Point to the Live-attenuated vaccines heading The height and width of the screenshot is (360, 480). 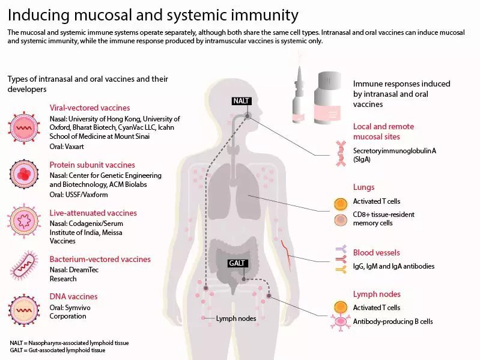93,213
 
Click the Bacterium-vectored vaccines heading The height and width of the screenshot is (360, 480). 100,260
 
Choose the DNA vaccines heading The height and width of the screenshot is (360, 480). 73,296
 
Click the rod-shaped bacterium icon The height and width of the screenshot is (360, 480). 26,265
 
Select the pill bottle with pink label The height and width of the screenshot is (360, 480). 329,96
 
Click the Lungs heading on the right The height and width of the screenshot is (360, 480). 363,188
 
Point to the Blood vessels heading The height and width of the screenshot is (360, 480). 376,253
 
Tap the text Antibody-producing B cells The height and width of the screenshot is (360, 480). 393,322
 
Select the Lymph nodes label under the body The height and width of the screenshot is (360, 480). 236,318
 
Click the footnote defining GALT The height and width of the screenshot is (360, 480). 58,350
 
